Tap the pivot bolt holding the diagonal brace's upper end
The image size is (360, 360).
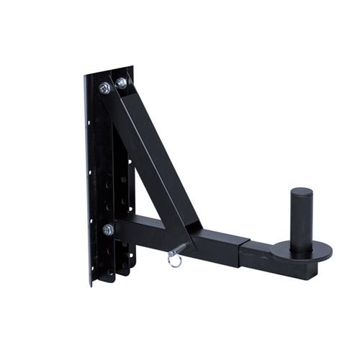point(121,84)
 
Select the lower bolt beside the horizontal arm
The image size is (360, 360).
point(108,230)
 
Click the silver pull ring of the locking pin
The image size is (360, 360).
point(175,258)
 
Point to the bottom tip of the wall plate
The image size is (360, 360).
point(91,283)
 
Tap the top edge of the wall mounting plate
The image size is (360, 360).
point(108,71)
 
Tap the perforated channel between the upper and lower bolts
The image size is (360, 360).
point(115,166)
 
